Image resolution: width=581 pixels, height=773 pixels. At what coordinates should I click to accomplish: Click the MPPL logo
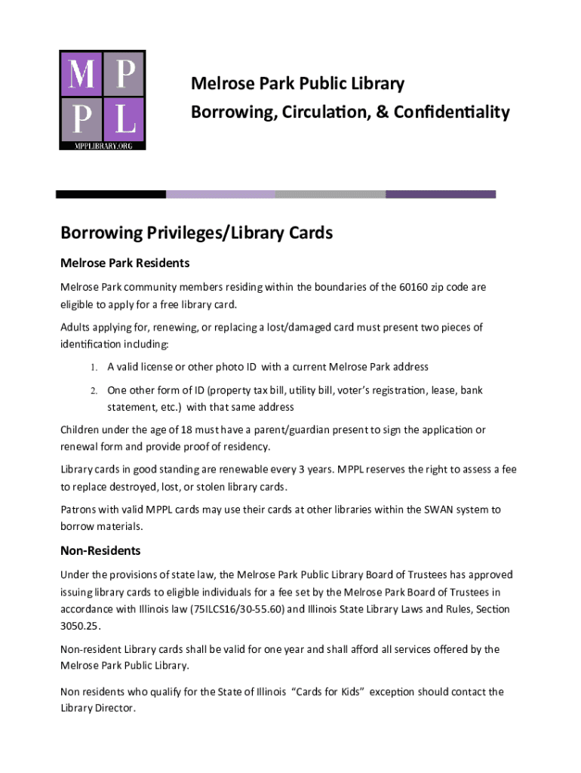(x=103, y=100)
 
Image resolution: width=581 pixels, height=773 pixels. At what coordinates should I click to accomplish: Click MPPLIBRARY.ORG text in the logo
(x=103, y=145)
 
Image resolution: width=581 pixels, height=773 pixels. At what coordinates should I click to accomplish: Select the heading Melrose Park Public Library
(x=297, y=84)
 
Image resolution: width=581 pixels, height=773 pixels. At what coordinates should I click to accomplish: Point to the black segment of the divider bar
(x=111, y=194)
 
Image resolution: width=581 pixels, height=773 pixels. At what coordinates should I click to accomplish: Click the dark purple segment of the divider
(x=441, y=194)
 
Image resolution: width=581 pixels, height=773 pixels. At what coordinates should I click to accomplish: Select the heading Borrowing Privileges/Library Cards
(x=196, y=233)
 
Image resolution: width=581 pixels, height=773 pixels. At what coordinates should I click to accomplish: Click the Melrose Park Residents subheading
(x=124, y=263)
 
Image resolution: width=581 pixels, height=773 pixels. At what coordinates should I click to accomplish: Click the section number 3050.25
(x=79, y=626)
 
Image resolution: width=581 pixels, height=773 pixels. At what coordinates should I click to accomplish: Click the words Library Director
(x=97, y=708)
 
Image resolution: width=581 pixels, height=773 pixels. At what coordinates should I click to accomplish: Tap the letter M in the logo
(x=81, y=75)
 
